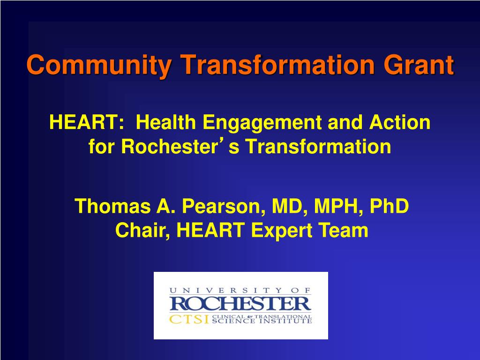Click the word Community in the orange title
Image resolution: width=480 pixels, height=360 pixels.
99,65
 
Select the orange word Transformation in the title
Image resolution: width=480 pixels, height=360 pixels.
277,64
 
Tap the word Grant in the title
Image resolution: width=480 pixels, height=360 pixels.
419,64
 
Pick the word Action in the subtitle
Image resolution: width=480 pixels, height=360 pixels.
400,122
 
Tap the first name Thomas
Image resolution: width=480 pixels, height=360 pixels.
112,206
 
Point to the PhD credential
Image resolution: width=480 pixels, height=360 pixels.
390,206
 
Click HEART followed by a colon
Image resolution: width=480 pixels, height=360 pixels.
87,122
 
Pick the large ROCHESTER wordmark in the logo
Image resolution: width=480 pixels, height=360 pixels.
240,304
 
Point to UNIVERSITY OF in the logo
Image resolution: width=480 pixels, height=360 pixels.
240,290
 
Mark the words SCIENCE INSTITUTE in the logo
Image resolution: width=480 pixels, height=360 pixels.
262,321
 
